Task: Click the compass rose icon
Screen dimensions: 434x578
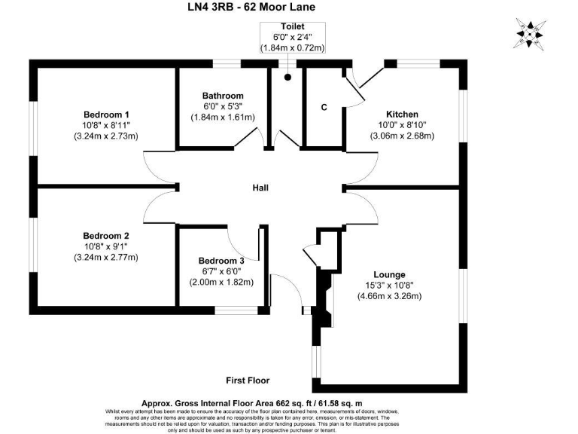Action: coord(532,34)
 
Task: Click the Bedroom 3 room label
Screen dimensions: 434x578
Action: coord(221,261)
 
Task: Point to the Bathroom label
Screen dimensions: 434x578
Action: coord(223,96)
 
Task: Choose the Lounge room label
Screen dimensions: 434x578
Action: coord(389,274)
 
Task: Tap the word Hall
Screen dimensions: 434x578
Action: coord(261,188)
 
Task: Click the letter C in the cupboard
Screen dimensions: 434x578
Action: coord(324,107)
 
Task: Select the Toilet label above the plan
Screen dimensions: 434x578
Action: coord(292,26)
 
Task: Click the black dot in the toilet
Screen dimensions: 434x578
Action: coord(287,77)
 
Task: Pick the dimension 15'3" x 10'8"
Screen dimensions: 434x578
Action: coord(389,286)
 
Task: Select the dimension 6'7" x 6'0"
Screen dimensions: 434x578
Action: coord(221,271)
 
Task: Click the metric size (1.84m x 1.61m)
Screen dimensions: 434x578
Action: coord(223,117)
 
